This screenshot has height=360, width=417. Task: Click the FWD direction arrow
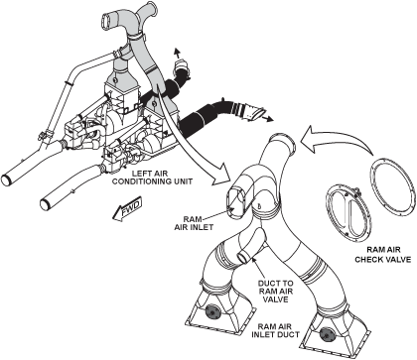(127, 209)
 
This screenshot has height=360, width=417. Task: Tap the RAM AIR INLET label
(194, 223)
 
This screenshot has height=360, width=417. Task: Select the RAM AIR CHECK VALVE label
(383, 255)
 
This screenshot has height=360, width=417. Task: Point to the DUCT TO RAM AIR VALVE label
(275, 292)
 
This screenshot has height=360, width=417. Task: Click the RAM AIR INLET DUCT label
(275, 330)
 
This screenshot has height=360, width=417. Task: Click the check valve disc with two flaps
(347, 212)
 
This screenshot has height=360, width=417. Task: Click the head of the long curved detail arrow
(221, 172)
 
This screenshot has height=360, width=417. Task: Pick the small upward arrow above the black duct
(177, 53)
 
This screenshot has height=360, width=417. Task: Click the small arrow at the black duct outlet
(267, 118)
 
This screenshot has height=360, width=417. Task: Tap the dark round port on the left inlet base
(212, 311)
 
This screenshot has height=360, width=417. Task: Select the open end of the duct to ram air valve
(243, 258)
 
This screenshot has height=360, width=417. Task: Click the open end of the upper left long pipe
(7, 180)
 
